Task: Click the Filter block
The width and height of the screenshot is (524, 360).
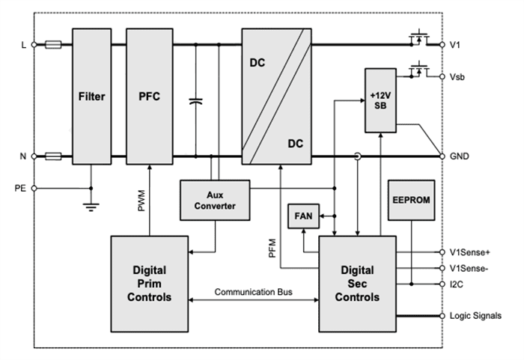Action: pyautogui.click(x=91, y=97)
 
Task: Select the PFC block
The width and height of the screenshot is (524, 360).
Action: pyautogui.click(x=150, y=97)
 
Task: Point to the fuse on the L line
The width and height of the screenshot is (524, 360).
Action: pyautogui.click(x=53, y=45)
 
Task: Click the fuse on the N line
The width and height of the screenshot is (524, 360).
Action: pyautogui.click(x=53, y=156)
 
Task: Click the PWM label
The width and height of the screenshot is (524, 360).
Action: pyautogui.click(x=142, y=201)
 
